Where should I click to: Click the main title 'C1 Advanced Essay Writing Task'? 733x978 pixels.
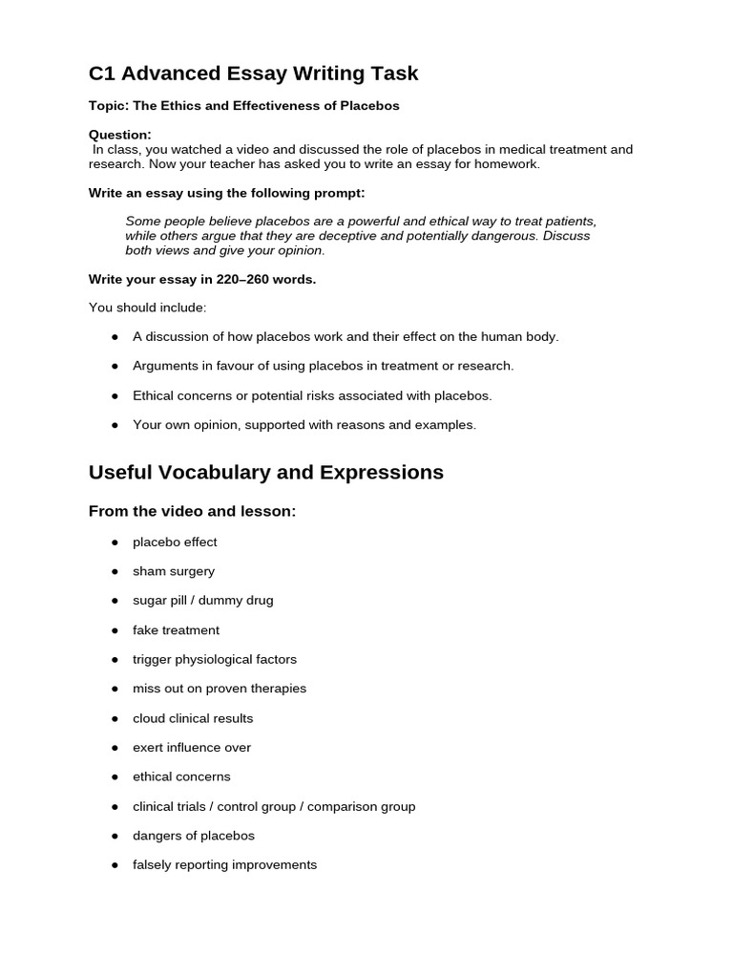(x=253, y=74)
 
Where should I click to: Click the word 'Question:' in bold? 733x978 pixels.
(x=119, y=135)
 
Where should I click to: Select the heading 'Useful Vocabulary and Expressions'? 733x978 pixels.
(x=265, y=472)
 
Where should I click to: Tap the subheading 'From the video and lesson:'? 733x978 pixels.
(x=192, y=512)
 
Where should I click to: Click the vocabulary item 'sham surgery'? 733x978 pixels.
(x=174, y=571)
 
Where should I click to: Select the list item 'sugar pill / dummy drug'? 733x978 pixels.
(x=202, y=601)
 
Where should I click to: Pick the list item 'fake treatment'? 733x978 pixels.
(x=176, y=630)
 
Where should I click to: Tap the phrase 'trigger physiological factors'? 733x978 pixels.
(x=214, y=659)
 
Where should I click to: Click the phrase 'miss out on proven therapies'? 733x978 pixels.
(x=220, y=689)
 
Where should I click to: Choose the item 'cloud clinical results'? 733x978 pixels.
(x=193, y=718)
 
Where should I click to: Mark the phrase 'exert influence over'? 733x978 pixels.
(x=191, y=748)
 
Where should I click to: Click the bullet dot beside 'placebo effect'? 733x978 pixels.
(x=115, y=542)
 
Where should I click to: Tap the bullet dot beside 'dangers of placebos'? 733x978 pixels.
(x=115, y=836)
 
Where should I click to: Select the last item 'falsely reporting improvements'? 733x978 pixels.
(x=224, y=865)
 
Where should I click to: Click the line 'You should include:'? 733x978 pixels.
(x=147, y=308)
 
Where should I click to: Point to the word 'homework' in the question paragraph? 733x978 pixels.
(x=510, y=164)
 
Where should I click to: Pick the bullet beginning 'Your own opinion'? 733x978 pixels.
(x=304, y=425)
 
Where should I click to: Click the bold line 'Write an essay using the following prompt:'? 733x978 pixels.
(x=226, y=193)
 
